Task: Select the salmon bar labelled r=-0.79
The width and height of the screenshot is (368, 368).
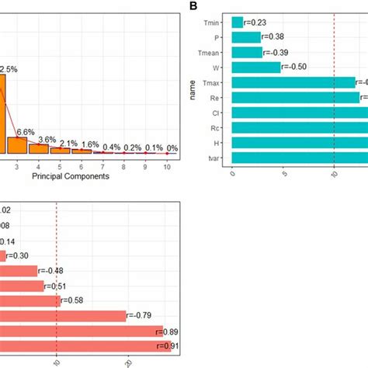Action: tap(62, 315)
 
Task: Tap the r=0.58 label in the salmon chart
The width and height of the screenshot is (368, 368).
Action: tap(75, 300)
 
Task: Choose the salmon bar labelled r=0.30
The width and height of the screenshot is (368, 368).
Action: tap(3, 256)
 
